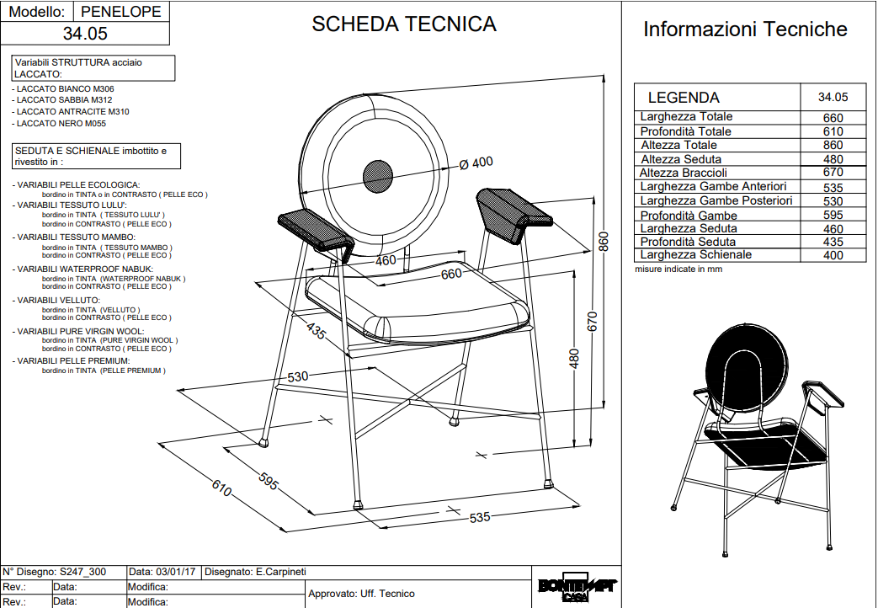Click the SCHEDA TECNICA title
[404, 24]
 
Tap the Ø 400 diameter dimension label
[476, 163]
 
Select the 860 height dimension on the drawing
[604, 241]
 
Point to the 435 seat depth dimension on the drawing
[316, 331]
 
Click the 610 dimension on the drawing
[221, 487]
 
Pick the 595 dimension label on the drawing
[268, 483]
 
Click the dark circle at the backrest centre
[378, 175]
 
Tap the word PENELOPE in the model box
[122, 12]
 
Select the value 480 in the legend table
[833, 159]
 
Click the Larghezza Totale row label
[686, 117]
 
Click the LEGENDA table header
[684, 97]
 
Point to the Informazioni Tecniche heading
[745, 29]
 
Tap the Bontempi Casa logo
[577, 589]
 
